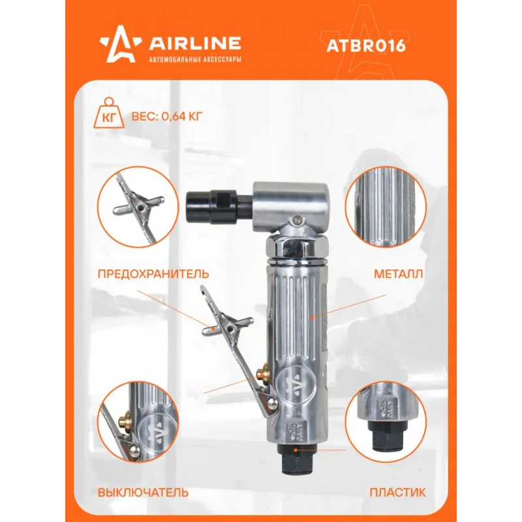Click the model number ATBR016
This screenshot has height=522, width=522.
click(366, 46)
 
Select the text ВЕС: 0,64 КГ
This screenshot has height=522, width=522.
click(167, 117)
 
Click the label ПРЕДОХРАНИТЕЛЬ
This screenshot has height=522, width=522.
click(153, 273)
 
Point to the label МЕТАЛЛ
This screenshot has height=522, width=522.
click(399, 273)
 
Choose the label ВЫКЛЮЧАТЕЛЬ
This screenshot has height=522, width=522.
click(143, 493)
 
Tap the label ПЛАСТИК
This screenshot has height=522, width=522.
click(397, 493)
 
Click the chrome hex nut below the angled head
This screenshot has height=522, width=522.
click(298, 247)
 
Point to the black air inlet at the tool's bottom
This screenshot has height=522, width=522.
click(296, 460)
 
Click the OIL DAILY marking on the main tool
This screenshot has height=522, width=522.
click(295, 433)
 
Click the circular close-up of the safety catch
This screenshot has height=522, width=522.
click(138, 207)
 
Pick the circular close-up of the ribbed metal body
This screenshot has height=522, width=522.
click(386, 207)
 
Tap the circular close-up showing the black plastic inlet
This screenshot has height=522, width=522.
click(386, 422)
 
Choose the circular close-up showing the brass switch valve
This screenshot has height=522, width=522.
click(138, 422)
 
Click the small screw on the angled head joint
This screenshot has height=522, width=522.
click(298, 219)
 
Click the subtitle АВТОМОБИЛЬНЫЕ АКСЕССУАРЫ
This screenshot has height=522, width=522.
click(194, 59)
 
